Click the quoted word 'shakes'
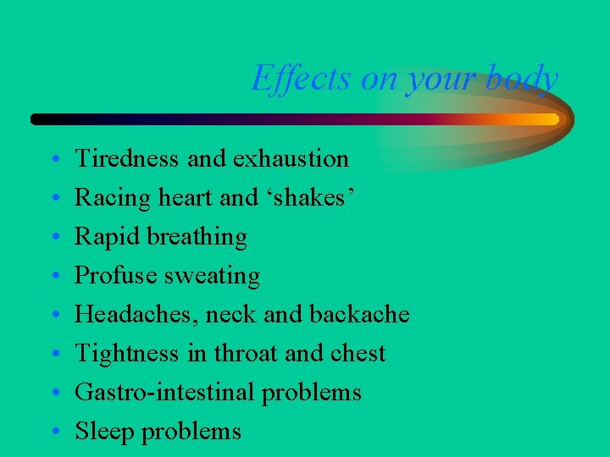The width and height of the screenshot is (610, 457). (316, 197)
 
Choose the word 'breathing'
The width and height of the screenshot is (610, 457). (197, 237)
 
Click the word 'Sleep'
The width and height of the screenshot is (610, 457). (105, 432)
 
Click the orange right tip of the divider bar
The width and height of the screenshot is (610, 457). (552, 119)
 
